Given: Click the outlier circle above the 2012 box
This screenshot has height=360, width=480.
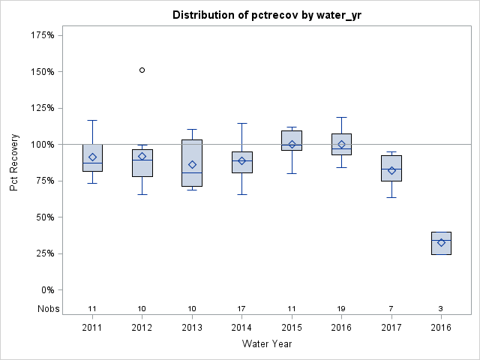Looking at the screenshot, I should coord(142,70).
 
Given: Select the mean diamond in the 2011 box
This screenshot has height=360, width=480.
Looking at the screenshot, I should coord(92,157).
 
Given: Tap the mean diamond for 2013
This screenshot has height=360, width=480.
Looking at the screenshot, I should coord(192,164).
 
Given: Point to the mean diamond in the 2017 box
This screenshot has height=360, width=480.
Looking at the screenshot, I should coord(391,170).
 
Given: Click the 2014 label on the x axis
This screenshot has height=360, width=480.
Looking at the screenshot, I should coord(241,328).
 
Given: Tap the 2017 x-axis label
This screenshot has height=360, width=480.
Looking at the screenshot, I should coord(391,328).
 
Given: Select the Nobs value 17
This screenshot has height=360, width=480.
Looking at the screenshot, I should coord(241,309).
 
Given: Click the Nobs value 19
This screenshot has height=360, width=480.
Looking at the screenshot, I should coord(341,309).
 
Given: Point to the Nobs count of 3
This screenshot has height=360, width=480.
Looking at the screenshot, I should coord(441,309).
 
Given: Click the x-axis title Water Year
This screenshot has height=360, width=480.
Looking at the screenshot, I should coord(267,344).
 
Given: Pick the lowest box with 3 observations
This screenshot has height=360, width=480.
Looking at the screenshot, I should coord(441,243).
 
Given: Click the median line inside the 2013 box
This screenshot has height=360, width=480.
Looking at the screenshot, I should coord(192,172).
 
